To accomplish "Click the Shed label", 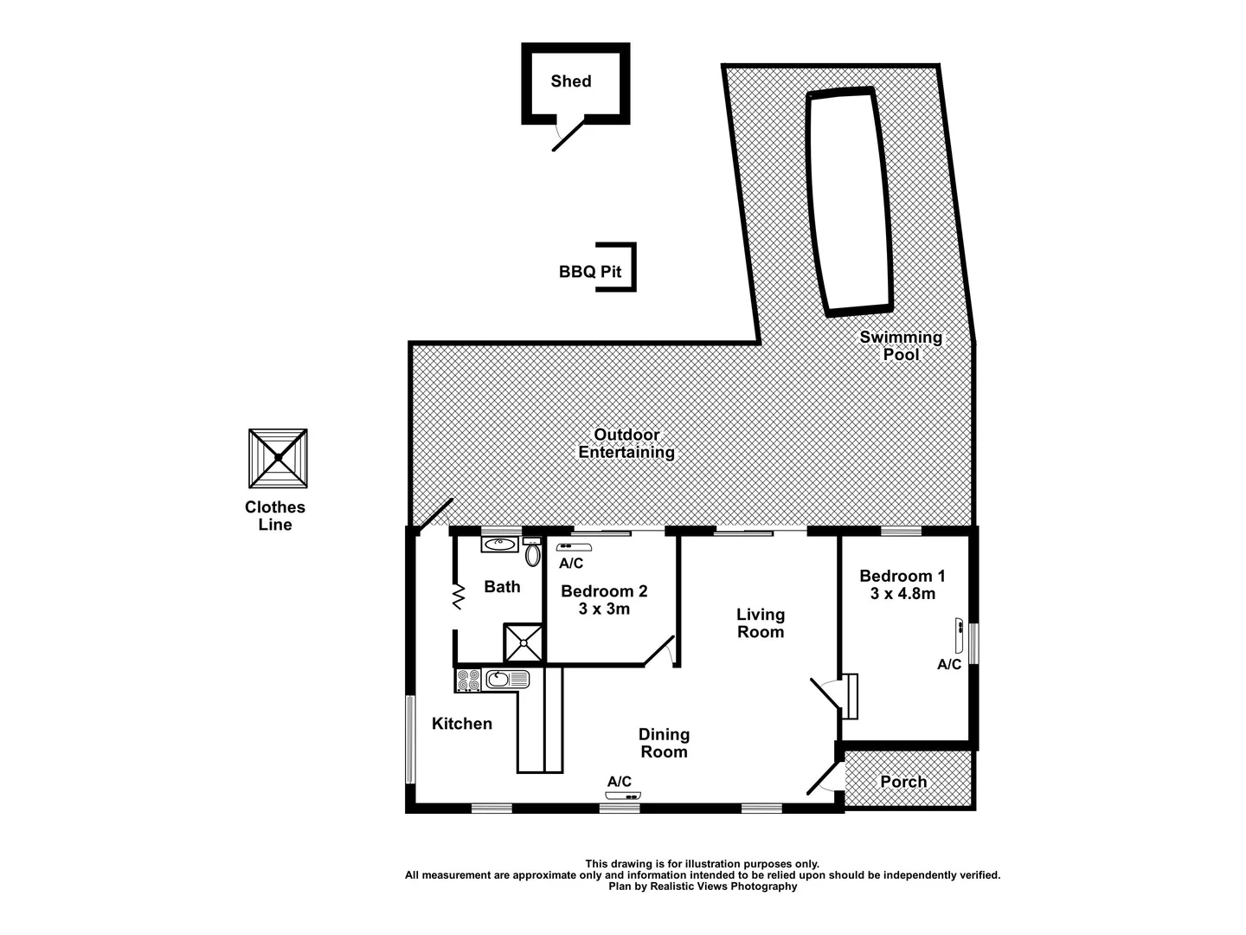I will (571, 81).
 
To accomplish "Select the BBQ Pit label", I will (590, 272).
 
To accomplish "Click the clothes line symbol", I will (278, 457).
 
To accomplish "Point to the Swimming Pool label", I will (901, 345).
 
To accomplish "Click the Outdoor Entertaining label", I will (626, 443).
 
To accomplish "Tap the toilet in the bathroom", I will (533, 554).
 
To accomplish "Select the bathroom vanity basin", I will (499, 545).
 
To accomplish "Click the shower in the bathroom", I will (524, 642).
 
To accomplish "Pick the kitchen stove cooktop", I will (468, 680).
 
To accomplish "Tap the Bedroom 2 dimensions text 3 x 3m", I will (604, 609).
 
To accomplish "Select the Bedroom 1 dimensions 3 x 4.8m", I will (902, 594).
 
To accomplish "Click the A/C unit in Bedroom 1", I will (959, 635).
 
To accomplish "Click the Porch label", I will (903, 782).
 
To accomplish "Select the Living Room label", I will (761, 623).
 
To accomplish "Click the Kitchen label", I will (462, 724).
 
